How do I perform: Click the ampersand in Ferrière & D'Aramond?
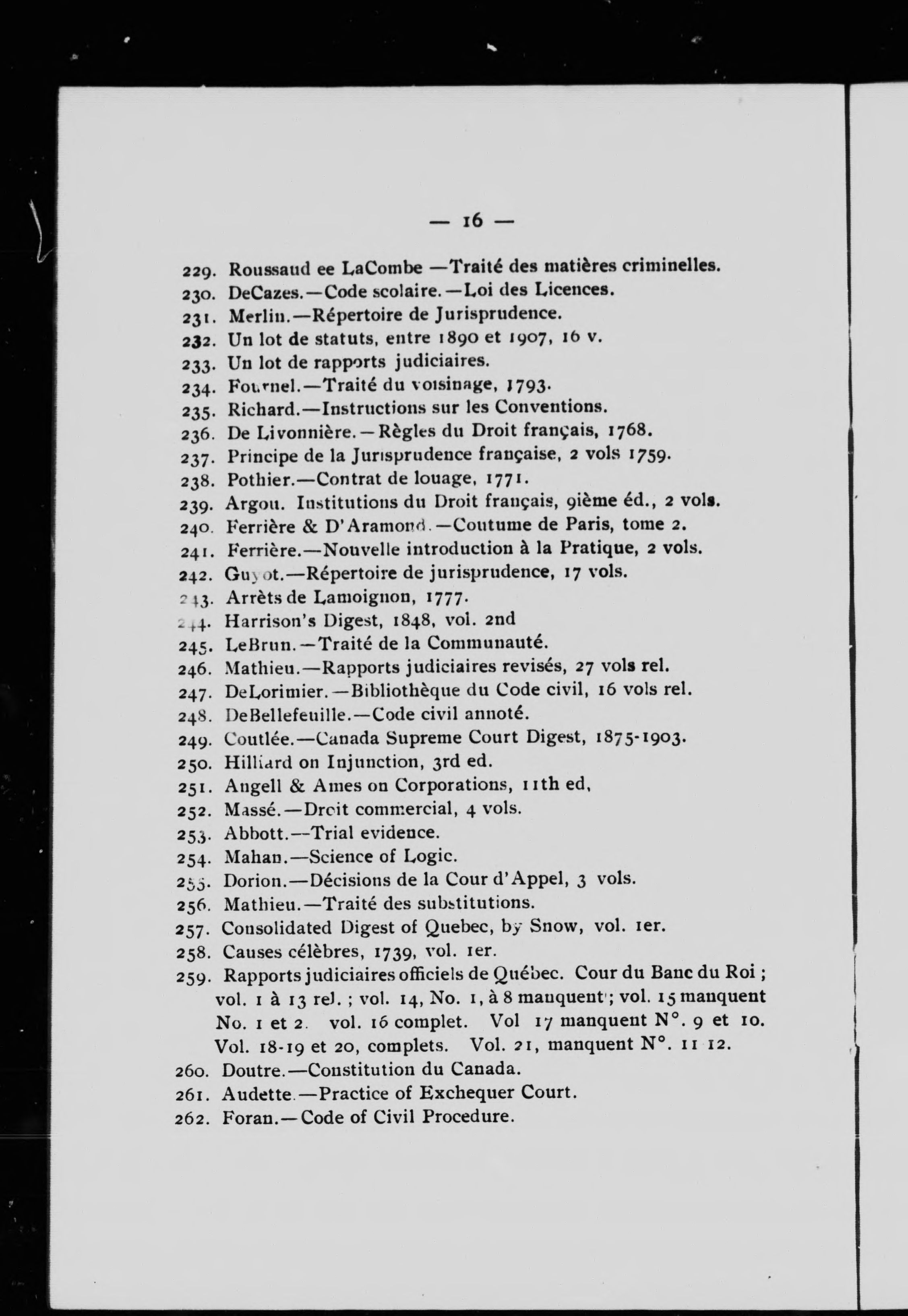pyautogui.click(x=309, y=526)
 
